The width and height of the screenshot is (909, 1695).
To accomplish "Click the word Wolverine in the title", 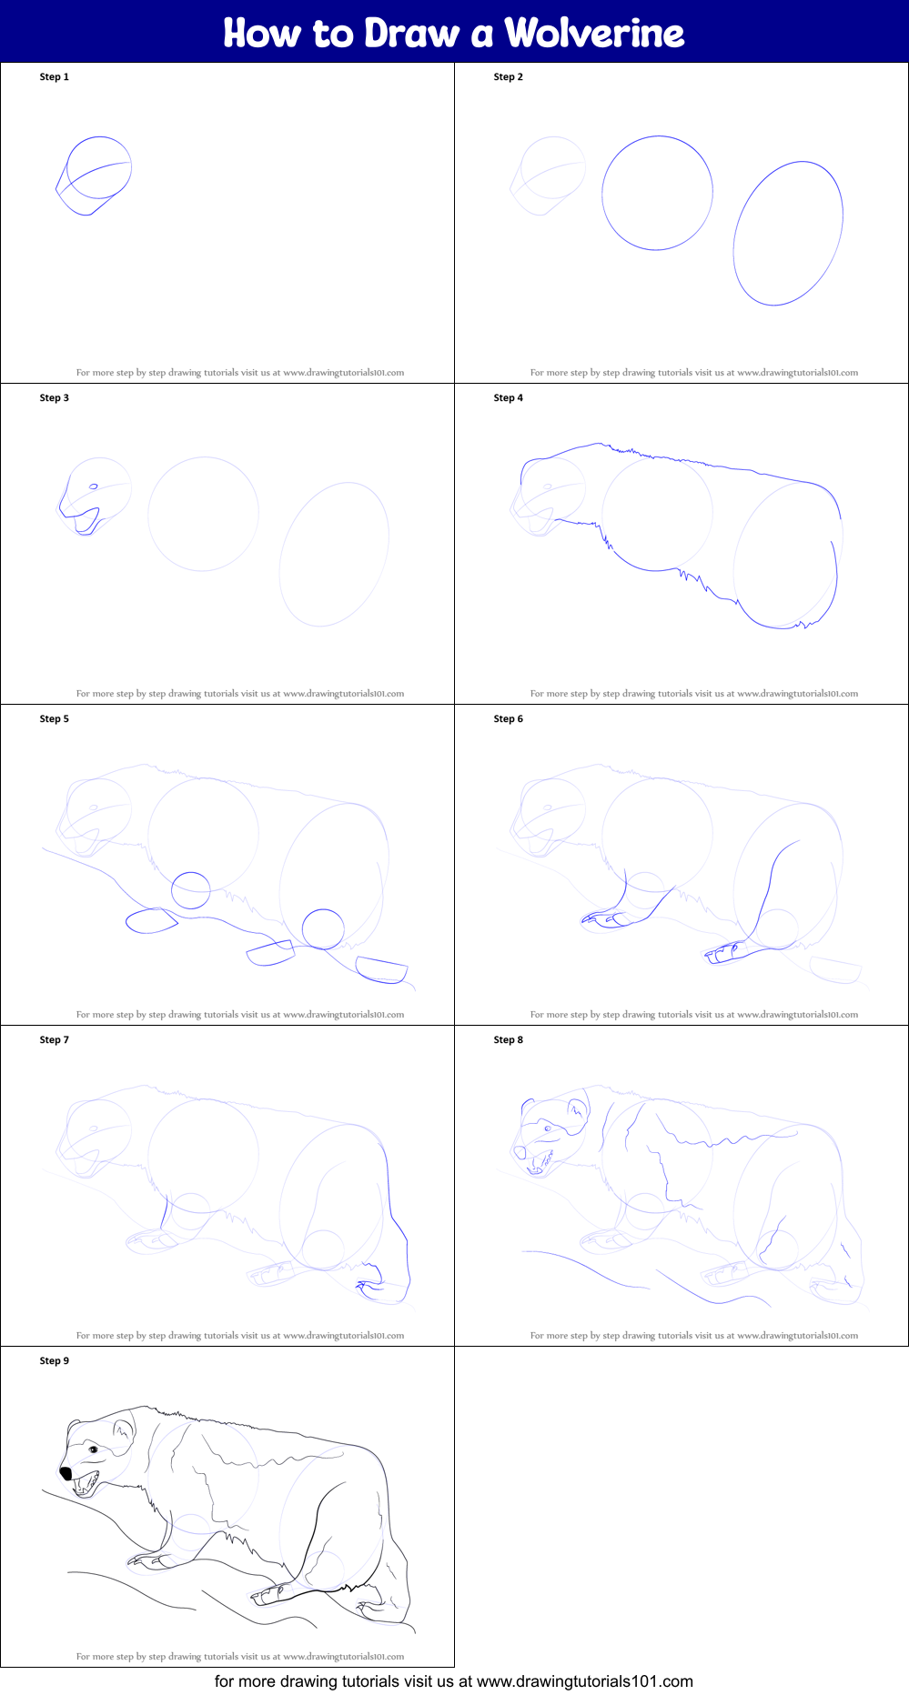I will point(594,33).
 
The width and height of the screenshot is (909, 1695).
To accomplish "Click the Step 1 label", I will point(54,76).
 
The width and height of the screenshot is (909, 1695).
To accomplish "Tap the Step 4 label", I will point(508,397).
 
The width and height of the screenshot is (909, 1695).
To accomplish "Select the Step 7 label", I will point(54,1039).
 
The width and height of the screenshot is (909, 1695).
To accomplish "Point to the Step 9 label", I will point(54,1360).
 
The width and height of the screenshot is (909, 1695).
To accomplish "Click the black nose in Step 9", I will point(66,1472).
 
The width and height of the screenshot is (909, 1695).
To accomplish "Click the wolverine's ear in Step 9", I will point(122,1430).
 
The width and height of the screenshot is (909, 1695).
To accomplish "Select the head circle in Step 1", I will point(99,166).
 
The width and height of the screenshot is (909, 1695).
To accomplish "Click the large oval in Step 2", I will point(788,234).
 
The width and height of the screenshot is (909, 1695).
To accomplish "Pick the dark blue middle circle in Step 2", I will point(657,193).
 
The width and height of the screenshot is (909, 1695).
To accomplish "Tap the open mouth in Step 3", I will point(86,521).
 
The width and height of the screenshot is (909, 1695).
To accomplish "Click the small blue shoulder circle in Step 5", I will point(191,890).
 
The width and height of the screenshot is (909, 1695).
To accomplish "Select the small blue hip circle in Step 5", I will point(323,928).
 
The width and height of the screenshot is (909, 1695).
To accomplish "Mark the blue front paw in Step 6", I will point(605,918).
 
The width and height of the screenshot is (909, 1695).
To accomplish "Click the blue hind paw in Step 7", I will point(373,1285).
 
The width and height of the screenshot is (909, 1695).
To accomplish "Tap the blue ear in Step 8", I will point(577,1108).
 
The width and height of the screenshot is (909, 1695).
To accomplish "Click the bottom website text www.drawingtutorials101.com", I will point(584,1681).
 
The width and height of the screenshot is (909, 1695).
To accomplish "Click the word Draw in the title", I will point(411,33).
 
